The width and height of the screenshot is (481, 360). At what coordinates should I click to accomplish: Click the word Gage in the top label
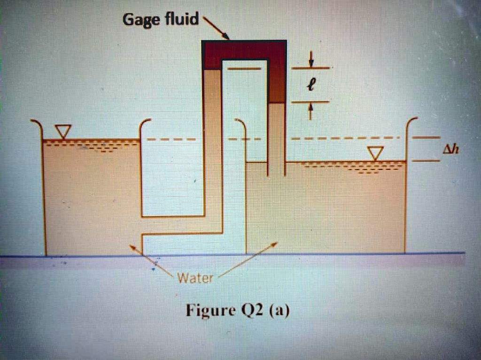point(140,20)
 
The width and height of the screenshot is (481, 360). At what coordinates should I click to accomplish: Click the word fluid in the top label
point(181,20)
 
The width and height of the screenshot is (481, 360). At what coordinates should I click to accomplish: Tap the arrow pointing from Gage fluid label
point(215,28)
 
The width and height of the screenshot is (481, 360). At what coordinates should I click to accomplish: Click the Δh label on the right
point(450,149)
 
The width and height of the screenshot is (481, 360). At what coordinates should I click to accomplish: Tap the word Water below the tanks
point(195,278)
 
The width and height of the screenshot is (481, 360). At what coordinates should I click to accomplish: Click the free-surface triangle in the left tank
point(62,131)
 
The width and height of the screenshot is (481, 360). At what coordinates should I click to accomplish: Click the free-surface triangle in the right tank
point(375,153)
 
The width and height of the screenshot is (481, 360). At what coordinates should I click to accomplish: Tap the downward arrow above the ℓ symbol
point(310,60)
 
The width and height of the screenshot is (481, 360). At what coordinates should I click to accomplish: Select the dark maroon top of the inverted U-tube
point(244,50)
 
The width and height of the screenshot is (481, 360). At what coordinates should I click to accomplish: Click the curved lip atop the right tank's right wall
point(411,123)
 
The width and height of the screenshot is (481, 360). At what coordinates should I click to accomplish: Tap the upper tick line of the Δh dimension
point(426,138)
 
